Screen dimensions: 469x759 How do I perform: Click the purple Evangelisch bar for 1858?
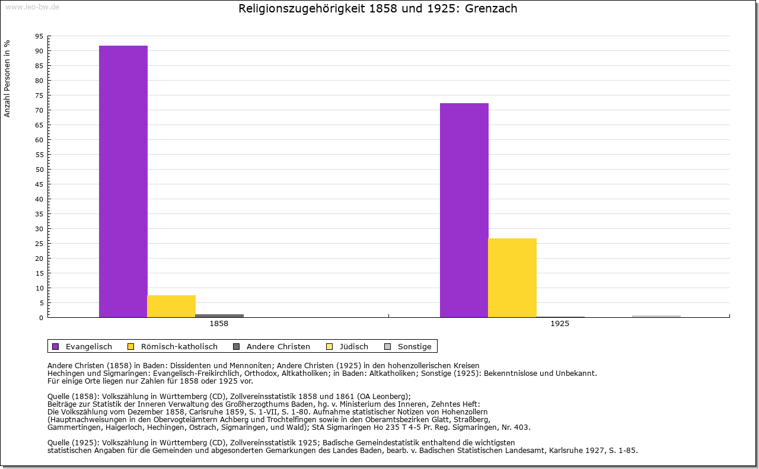[123, 181]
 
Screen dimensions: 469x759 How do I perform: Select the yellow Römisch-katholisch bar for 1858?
[171, 306]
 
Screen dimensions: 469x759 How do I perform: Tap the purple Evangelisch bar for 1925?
[464, 210]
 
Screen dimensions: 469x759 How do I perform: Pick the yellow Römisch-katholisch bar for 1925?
[512, 277]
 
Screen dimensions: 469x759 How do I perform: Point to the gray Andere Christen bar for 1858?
[219, 315]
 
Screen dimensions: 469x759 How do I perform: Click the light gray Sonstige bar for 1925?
[656, 316]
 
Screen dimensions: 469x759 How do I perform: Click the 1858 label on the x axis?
[219, 324]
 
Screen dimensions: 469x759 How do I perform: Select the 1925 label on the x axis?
[560, 324]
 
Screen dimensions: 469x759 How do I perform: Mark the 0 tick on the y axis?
[41, 318]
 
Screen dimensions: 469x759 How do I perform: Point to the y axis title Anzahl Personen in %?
[7, 78]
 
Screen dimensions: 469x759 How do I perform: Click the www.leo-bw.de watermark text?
[31, 7]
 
